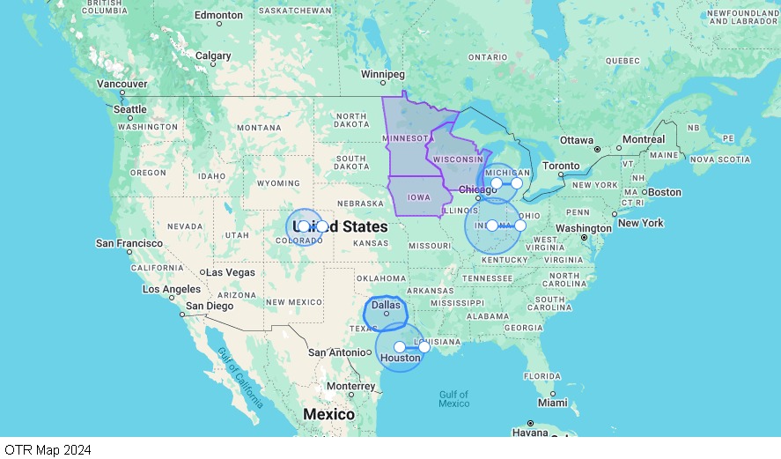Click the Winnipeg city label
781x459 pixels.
pos(382,74)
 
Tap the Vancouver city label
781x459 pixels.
pos(122,84)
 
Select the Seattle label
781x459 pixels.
pos(130,109)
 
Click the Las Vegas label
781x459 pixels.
pos(231,272)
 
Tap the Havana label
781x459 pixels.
pos(530,433)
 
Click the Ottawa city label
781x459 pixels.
pos(577,140)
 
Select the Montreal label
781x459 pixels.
pos(644,139)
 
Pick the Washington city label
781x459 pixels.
pos(584,228)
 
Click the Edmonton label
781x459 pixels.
pos(218,15)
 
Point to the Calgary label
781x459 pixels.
pos(213,56)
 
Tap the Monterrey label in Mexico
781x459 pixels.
pos(350,386)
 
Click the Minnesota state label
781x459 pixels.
pos(406,138)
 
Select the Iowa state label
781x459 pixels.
pos(419,197)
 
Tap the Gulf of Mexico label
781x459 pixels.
pos(454,398)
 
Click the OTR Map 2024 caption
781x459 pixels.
pos(48,449)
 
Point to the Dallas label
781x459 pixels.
pos(386,306)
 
